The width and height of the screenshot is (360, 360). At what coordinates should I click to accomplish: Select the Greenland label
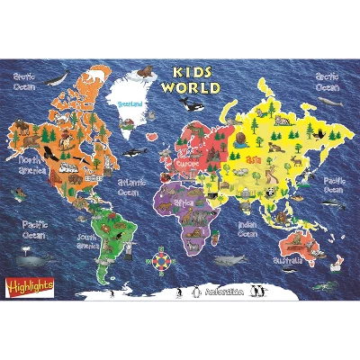point(130,105)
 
